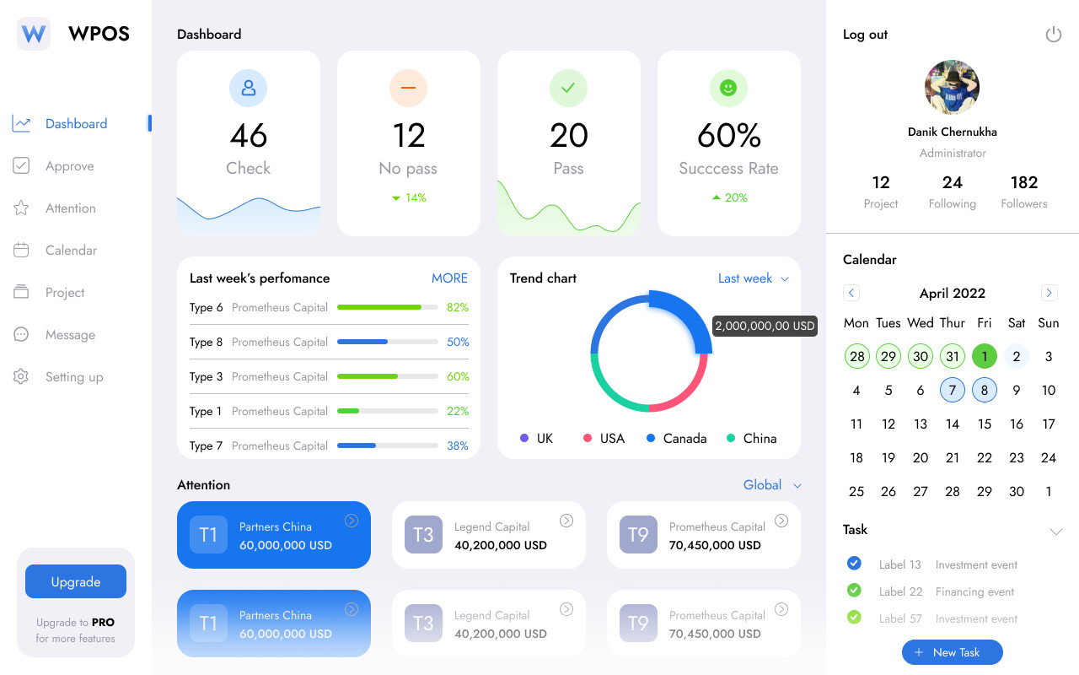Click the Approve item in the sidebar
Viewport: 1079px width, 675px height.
(69, 166)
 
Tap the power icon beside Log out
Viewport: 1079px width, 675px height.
(1053, 35)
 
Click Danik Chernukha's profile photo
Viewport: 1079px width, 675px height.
(952, 87)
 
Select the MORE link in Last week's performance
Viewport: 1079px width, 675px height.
(449, 278)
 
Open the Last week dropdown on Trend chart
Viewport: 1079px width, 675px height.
(753, 278)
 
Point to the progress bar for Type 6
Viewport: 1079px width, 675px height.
(387, 308)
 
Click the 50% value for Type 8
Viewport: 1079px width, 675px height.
(458, 343)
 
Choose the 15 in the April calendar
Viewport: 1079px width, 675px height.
(985, 424)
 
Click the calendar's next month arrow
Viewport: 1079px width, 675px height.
(1049, 293)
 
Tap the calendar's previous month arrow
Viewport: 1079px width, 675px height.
(851, 293)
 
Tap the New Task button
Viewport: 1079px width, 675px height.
(952, 652)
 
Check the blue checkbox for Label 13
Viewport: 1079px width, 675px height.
(854, 564)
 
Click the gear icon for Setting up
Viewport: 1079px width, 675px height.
(21, 377)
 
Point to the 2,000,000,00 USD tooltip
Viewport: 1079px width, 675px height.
(765, 326)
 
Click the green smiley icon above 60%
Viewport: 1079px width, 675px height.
(728, 88)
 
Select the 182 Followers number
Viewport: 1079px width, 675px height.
(1023, 183)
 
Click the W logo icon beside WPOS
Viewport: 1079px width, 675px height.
(34, 35)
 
